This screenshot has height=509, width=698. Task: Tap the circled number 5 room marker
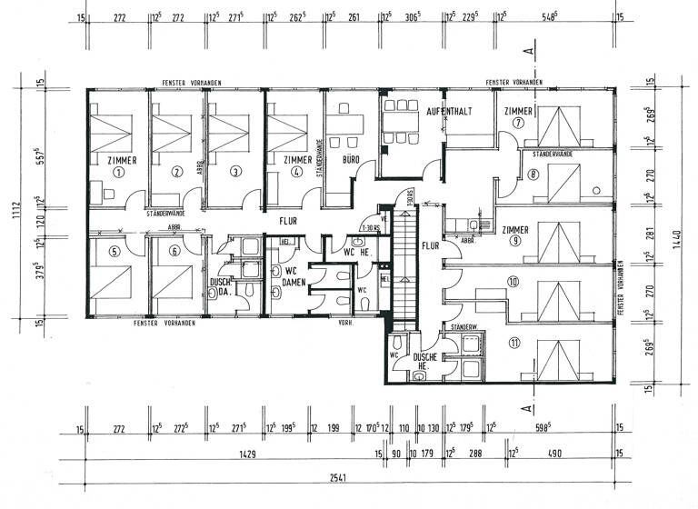114,254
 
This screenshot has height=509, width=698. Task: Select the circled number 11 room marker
514,344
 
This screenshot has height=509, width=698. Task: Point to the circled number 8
533,175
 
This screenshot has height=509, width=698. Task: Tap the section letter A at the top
528,53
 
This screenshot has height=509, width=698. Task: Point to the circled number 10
514,283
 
